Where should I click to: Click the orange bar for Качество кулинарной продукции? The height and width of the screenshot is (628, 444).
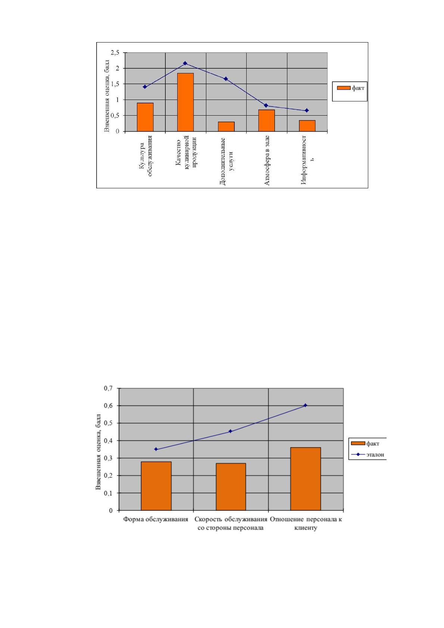[185, 102]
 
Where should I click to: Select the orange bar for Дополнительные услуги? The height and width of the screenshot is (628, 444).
[226, 126]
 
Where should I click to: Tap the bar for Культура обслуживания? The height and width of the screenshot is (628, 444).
[145, 117]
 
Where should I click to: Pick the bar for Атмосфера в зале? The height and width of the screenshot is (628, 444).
[266, 120]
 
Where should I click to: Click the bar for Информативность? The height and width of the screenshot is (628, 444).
[307, 126]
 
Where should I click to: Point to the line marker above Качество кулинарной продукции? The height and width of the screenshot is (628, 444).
[185, 63]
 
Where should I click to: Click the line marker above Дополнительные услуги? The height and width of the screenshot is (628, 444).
[226, 79]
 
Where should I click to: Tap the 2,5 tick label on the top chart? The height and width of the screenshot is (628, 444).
[115, 53]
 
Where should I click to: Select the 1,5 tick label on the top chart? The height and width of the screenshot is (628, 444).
[115, 84]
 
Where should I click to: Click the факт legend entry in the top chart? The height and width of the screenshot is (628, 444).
[351, 88]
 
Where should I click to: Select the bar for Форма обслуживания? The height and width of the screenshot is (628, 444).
[156, 486]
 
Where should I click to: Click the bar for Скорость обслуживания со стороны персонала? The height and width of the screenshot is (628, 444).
[231, 487]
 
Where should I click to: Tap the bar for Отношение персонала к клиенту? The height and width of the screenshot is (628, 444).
[306, 479]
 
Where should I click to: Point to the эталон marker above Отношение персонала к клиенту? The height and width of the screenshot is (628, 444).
[306, 405]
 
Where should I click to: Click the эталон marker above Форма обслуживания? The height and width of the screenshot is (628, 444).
[156, 449]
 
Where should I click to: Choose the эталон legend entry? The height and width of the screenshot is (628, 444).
[368, 455]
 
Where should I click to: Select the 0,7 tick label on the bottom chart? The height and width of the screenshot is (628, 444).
[108, 388]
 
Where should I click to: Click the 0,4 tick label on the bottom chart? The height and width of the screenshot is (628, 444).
[108, 441]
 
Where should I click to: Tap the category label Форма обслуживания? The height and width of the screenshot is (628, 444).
[156, 519]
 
